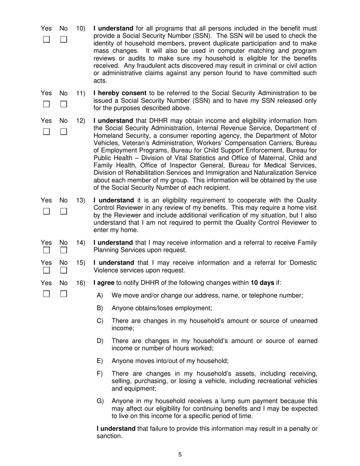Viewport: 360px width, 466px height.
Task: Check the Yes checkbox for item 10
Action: pos(46,39)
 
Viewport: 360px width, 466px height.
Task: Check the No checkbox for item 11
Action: pos(64,104)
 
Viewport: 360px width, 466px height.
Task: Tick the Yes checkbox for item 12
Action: pos(46,132)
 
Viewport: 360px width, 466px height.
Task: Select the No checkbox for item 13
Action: pos(64,211)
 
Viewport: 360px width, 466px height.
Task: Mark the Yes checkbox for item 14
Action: pos(46,250)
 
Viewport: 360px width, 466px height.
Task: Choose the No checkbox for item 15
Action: pos(64,270)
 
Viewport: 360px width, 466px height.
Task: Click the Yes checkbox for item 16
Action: pos(46,294)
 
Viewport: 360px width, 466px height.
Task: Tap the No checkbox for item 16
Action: pos(64,294)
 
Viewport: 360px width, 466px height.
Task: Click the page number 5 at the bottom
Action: pos(180,455)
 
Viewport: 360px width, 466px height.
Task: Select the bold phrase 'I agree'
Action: pos(104,283)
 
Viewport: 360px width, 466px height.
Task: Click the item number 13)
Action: pos(81,200)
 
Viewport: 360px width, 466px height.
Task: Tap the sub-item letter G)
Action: pos(100,401)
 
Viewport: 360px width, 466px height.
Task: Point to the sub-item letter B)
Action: pos(100,308)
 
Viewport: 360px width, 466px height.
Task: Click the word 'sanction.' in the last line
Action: pos(109,436)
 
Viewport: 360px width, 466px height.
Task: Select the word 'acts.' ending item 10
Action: pos(100,81)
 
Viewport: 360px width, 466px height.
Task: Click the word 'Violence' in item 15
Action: pos(106,271)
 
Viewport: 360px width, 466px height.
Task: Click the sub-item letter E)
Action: pos(100,361)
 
